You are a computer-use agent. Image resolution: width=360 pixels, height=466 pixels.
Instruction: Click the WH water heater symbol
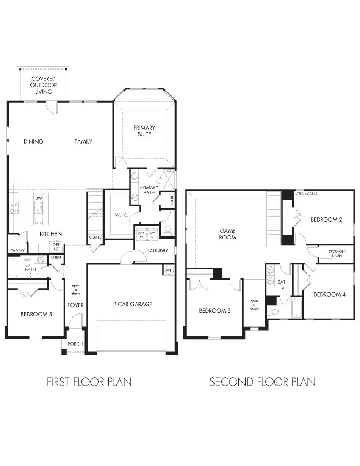169,270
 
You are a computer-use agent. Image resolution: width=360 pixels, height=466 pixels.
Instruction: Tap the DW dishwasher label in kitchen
39,198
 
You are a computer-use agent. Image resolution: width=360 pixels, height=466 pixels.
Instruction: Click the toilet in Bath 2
274,312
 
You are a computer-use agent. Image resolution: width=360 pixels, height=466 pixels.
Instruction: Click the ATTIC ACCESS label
306,194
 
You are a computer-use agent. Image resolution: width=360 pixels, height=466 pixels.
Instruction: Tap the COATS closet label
95,237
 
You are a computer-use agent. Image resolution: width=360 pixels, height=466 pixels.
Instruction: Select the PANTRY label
17,250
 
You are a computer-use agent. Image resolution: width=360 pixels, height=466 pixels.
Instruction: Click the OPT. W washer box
141,235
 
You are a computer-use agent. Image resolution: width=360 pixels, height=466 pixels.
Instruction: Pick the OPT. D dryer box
152,235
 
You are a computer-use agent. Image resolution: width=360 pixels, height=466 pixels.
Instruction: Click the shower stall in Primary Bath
169,179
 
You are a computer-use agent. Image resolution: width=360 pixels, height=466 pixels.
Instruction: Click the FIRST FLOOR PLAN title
89,382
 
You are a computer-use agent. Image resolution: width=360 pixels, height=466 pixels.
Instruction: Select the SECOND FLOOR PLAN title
263,382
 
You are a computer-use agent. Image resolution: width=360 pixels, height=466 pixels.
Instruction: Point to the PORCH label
75,344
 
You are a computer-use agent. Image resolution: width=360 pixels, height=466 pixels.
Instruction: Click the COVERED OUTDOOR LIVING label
43,85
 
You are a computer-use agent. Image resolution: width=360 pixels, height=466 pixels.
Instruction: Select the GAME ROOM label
228,234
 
